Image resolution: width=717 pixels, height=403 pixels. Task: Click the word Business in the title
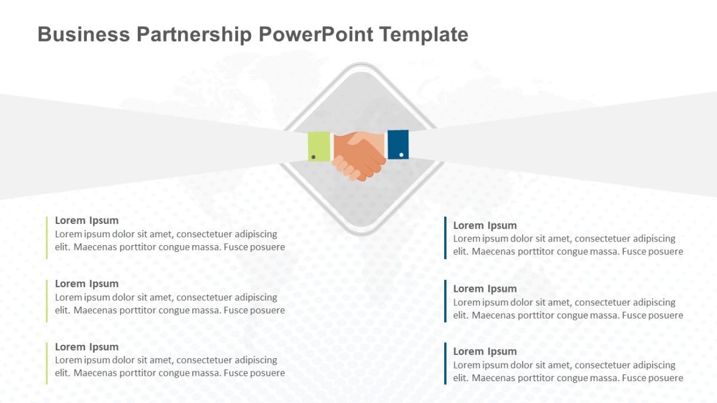(x=83, y=34)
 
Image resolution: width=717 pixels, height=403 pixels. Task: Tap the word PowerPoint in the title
(x=315, y=34)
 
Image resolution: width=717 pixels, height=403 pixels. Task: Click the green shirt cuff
(x=319, y=146)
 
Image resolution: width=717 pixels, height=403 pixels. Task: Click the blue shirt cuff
(x=398, y=144)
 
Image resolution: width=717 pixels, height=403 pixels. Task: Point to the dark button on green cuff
(x=313, y=157)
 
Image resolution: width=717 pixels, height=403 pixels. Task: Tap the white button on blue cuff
(x=401, y=155)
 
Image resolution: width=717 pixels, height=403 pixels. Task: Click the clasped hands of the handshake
(x=359, y=155)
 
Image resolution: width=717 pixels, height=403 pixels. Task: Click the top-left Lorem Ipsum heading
(x=87, y=220)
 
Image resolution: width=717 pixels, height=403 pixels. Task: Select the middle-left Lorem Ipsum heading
(x=87, y=283)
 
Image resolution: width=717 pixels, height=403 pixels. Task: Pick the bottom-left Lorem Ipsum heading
(x=87, y=347)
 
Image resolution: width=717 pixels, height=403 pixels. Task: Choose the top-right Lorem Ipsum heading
(x=485, y=225)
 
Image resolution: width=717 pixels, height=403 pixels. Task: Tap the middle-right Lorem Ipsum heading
(x=485, y=288)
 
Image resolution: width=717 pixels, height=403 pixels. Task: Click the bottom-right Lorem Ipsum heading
(x=485, y=351)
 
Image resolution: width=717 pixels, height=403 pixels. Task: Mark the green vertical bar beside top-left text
(x=47, y=237)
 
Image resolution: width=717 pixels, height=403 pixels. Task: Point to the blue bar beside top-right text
(x=445, y=238)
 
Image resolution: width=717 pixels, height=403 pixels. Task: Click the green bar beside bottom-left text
(x=47, y=363)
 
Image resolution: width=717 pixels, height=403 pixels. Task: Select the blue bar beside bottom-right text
(x=445, y=363)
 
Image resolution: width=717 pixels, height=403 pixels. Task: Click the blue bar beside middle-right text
(x=445, y=300)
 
